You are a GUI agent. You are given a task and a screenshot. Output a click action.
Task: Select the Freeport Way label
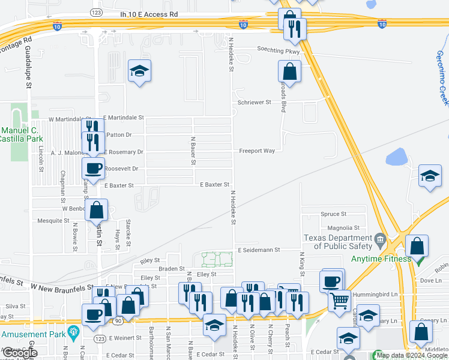click(257, 151)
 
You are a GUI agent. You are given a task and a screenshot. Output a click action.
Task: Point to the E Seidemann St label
click(260, 250)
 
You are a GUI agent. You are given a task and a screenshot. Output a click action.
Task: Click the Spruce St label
click(334, 214)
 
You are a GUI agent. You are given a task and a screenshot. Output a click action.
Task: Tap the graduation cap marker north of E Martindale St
click(140, 72)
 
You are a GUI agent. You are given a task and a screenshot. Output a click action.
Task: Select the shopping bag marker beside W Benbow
click(97, 211)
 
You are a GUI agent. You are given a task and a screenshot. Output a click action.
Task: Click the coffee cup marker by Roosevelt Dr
click(93, 168)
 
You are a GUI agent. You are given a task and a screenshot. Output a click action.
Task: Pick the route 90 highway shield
click(118, 322)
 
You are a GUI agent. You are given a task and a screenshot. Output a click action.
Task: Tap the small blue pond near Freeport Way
click(396, 157)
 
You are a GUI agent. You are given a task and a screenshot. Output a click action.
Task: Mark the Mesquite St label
click(54, 221)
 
